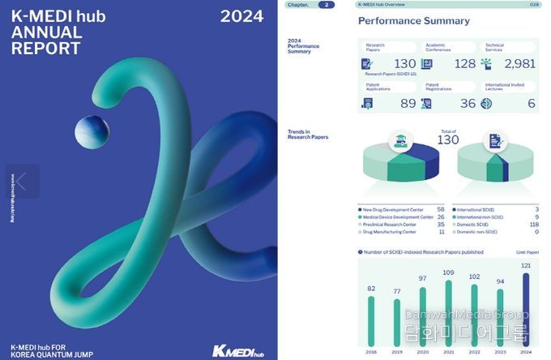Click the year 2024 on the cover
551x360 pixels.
241,16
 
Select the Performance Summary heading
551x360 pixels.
413,21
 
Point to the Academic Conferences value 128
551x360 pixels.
464,63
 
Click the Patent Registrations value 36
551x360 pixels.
468,103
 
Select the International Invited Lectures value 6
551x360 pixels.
531,103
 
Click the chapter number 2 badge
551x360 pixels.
326,5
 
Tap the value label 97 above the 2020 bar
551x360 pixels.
422,278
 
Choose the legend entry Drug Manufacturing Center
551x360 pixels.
395,232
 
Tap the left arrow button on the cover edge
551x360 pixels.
22,182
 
